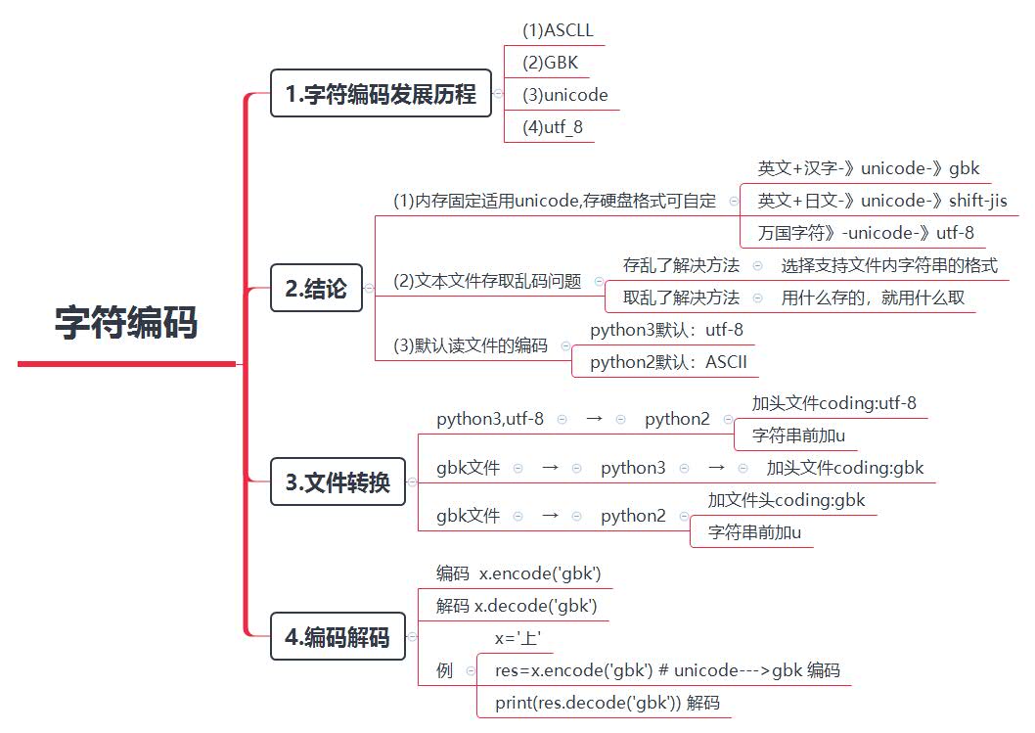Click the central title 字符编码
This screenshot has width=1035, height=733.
(x=126, y=323)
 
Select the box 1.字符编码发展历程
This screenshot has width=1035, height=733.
(x=381, y=94)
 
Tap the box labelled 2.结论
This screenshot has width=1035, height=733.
(x=315, y=289)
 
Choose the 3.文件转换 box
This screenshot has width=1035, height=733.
(x=337, y=482)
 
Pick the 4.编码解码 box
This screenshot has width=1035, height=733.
(x=337, y=638)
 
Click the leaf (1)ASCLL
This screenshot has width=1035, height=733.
(x=557, y=29)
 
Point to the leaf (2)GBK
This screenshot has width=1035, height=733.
(x=550, y=63)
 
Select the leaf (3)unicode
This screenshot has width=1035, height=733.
(x=564, y=95)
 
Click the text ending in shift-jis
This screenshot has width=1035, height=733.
(x=881, y=201)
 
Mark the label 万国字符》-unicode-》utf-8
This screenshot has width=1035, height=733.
(x=865, y=233)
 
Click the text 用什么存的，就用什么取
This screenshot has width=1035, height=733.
(x=873, y=298)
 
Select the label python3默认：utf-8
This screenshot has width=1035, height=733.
(x=666, y=330)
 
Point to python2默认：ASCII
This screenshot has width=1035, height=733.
(x=668, y=362)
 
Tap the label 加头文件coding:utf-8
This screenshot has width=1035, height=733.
(x=833, y=402)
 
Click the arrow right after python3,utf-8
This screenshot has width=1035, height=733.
(x=594, y=419)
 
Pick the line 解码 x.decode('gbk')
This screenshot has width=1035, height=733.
(x=517, y=606)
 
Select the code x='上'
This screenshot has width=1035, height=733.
(x=517, y=638)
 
